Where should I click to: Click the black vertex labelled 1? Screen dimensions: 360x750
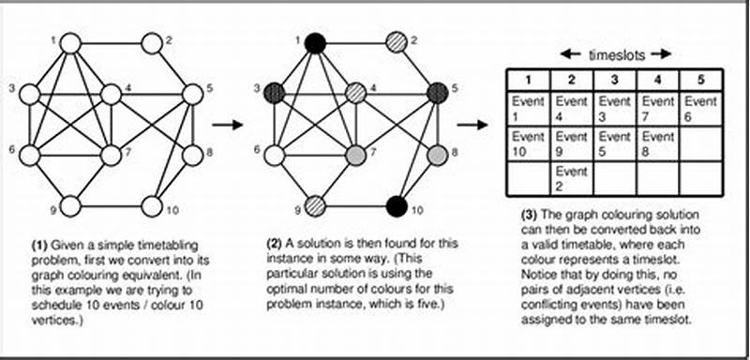(315, 43)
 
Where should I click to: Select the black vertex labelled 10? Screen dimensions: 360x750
(397, 203)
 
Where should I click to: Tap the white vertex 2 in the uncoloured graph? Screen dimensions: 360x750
(152, 43)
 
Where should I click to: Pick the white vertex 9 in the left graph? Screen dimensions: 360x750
(71, 203)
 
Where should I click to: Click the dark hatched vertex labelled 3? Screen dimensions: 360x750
(274, 94)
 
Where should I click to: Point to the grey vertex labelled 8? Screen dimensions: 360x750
(437, 155)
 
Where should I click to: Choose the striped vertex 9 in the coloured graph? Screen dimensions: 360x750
(315, 203)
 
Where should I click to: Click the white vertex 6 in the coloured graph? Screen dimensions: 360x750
(274, 155)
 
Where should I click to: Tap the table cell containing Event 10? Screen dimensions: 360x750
(528, 143)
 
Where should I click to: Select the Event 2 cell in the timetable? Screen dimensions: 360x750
(570, 178)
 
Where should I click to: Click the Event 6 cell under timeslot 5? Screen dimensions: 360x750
(700, 108)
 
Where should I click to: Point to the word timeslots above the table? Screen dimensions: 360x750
(615, 54)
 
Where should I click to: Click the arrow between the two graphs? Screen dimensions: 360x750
(224, 124)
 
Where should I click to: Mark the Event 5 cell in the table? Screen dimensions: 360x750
(614, 143)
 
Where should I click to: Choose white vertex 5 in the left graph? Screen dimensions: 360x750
(192, 94)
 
